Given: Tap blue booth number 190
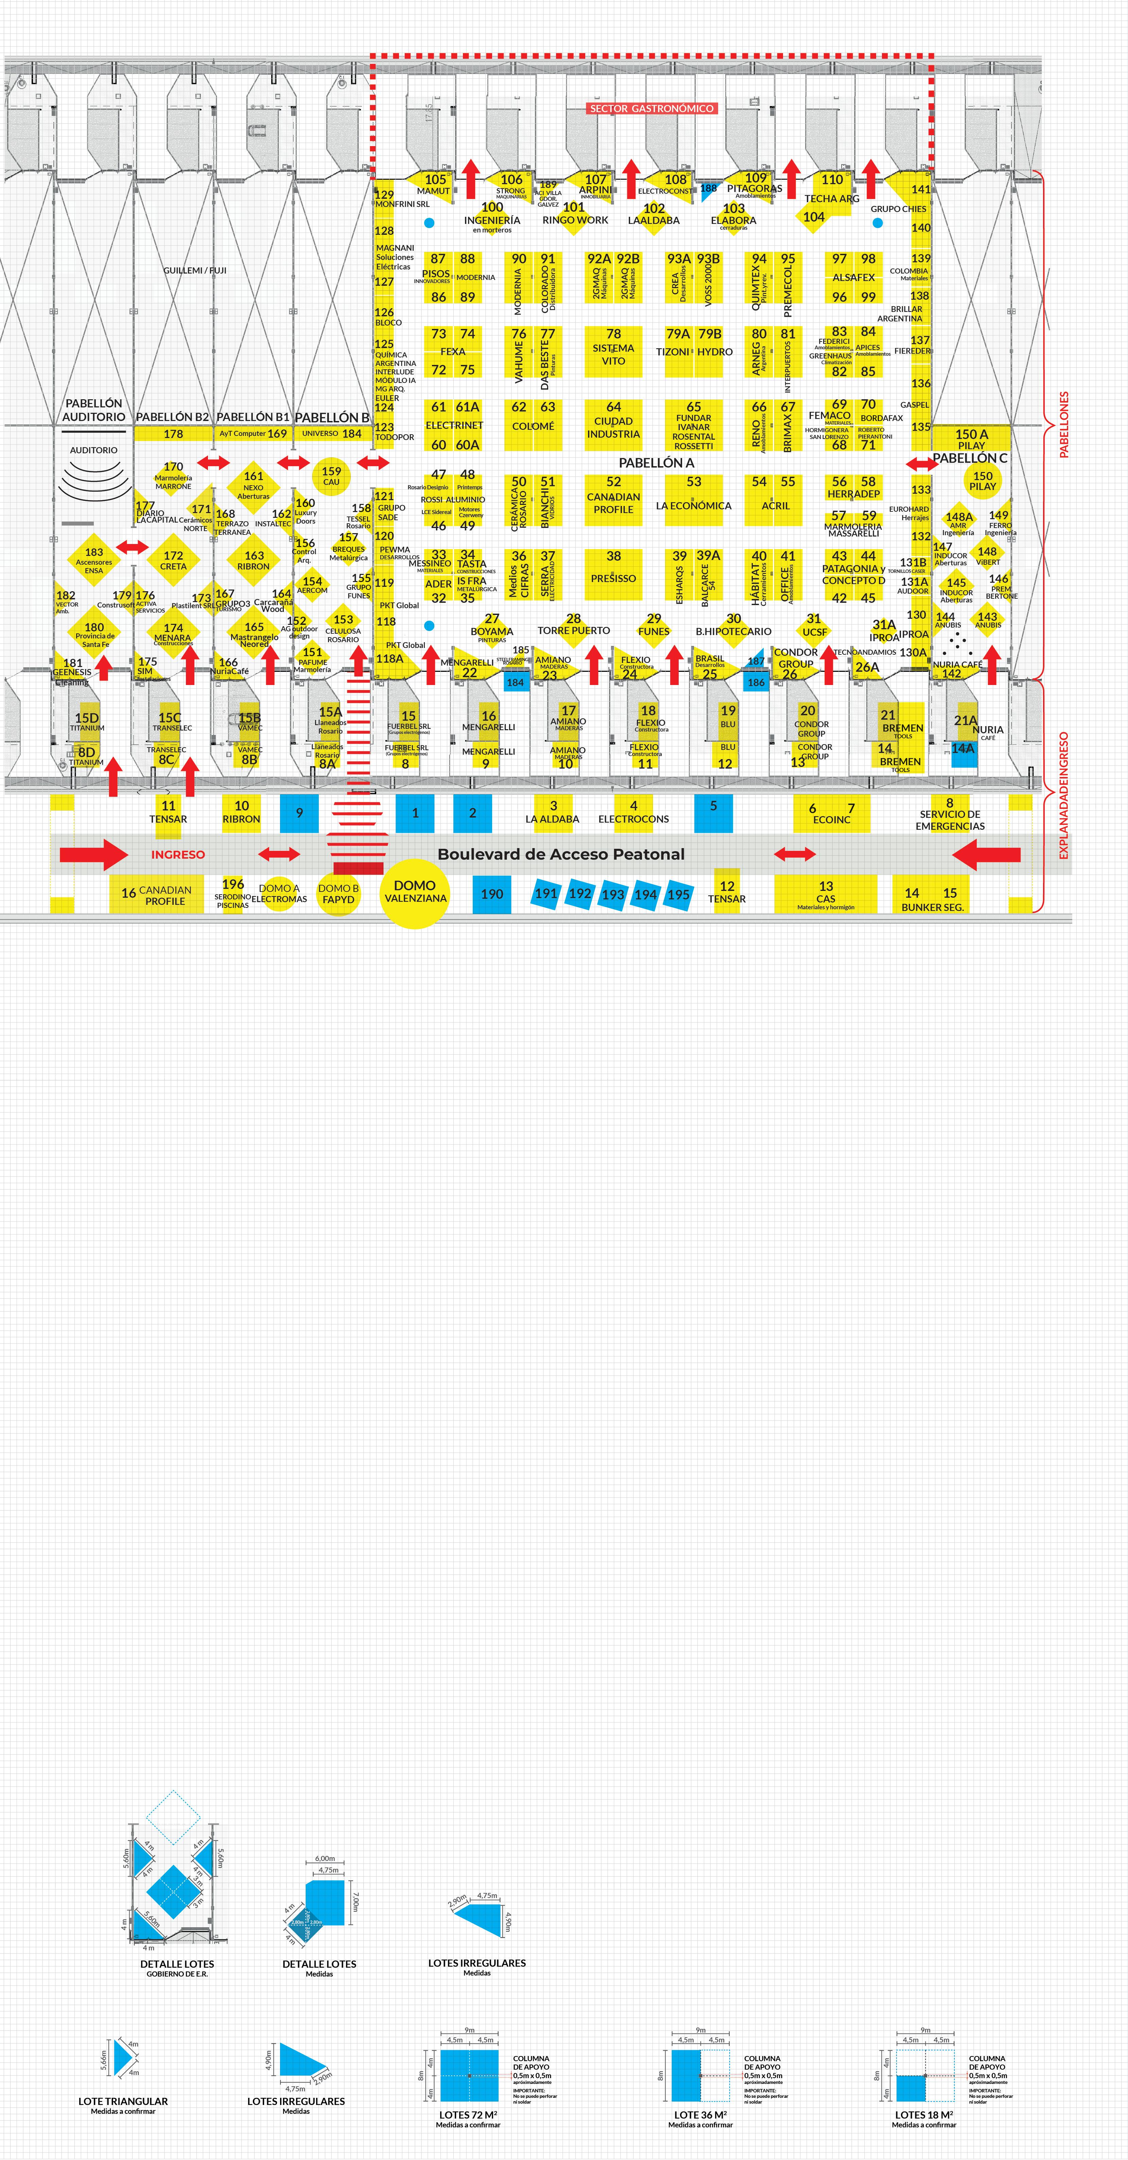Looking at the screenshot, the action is click(492, 894).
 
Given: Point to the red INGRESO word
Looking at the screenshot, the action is click(178, 855).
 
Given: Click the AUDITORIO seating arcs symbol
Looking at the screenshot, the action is click(94, 480).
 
